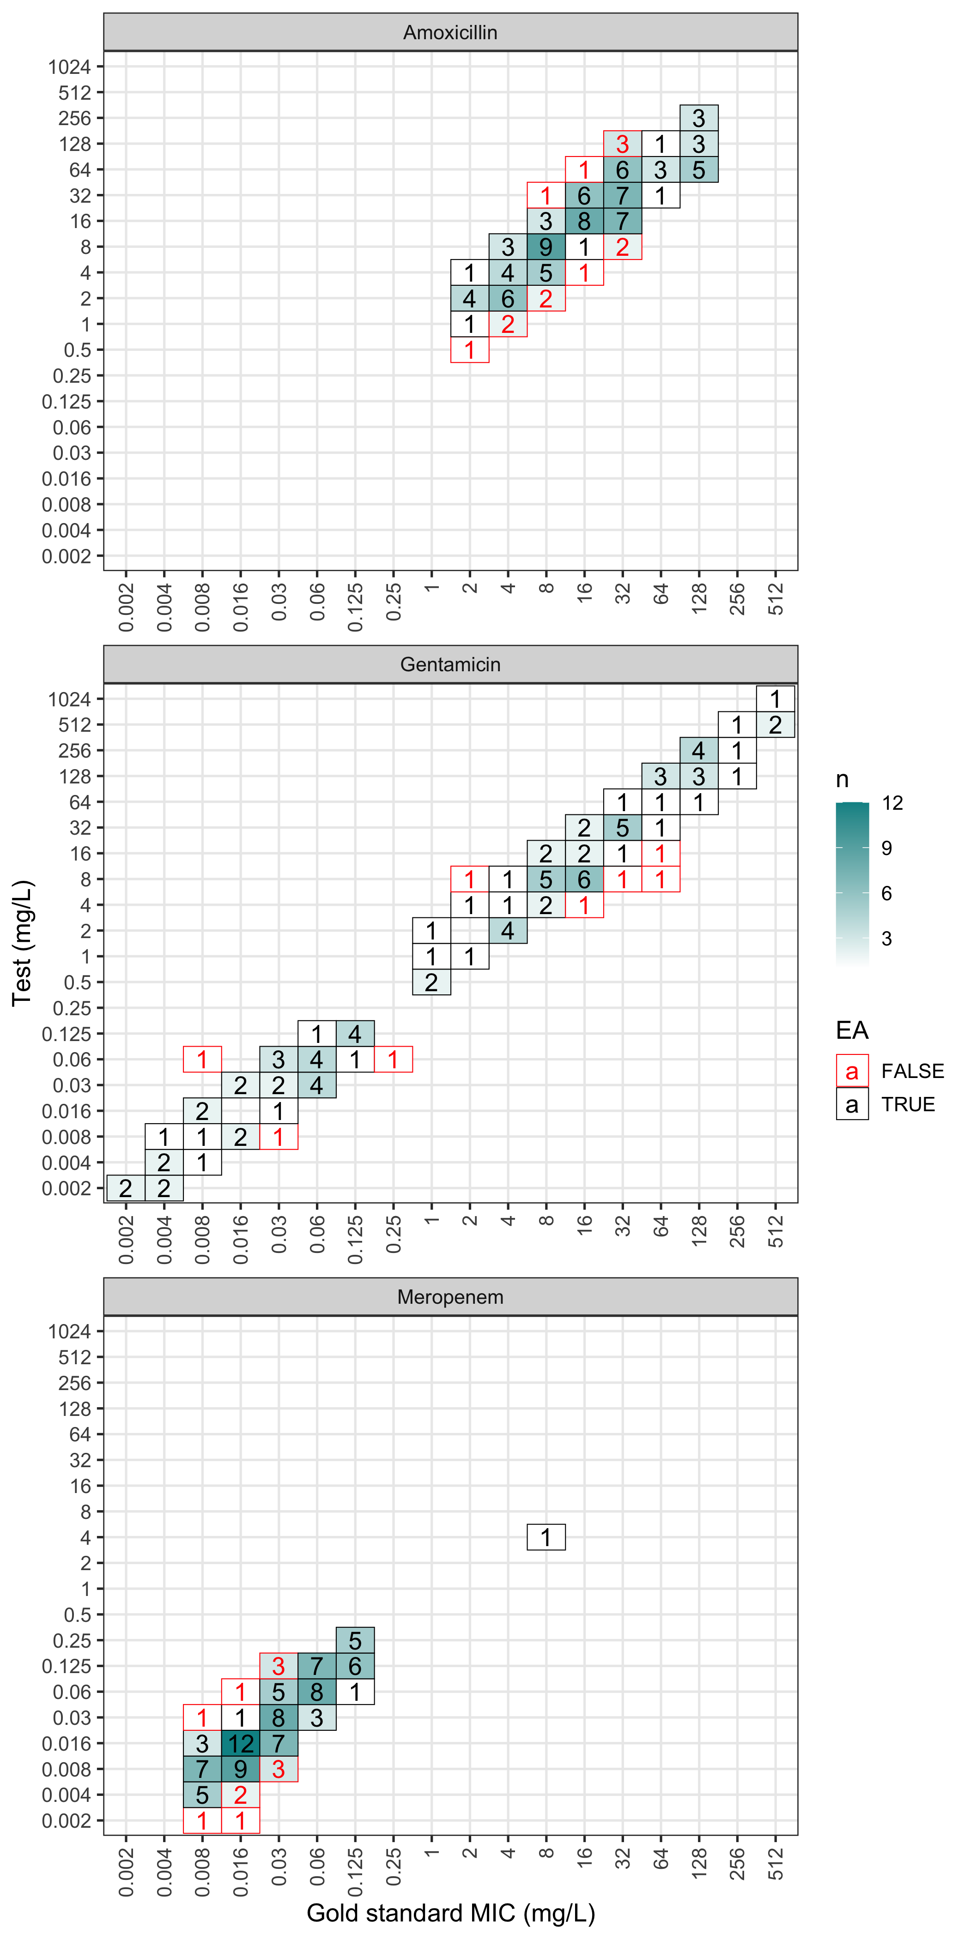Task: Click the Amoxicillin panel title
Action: (x=450, y=32)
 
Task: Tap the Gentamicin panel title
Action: (x=450, y=665)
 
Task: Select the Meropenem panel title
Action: (x=450, y=1297)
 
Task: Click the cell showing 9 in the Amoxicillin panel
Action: (x=546, y=247)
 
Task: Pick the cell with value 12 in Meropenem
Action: (x=240, y=1743)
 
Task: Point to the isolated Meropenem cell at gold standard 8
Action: (x=546, y=1537)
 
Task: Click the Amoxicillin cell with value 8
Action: (x=584, y=221)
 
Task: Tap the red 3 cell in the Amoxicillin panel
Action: (x=622, y=144)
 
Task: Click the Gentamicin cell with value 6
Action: (x=584, y=879)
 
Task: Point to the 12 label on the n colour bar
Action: (x=892, y=803)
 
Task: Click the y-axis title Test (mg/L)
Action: (x=23, y=942)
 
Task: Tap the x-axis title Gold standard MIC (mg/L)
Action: (x=450, y=1913)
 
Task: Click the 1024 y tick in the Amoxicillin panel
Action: (x=69, y=67)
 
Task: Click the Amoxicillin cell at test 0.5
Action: (x=469, y=350)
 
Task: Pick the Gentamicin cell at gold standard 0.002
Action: (x=126, y=1188)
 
